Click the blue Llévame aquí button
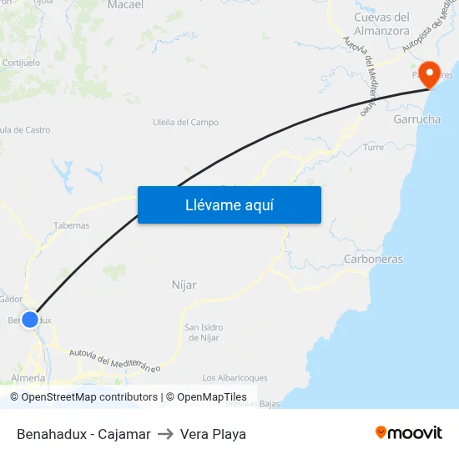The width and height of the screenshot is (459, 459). coord(229,204)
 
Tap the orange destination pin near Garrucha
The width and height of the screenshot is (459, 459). coord(431,74)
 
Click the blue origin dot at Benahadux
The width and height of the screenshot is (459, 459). coord(30,319)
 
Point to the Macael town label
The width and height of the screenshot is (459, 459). coord(126,5)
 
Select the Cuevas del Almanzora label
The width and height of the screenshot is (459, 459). coord(381,23)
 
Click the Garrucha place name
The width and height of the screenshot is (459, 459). coord(416,119)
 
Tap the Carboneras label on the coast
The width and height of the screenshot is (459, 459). coord(373,259)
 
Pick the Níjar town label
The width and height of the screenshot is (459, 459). coord(184,285)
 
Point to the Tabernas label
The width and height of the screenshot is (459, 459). coord(71,225)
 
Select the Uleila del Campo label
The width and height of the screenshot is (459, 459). coord(185,122)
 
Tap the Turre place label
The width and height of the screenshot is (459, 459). coord(373,147)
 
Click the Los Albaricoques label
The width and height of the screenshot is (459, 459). coord(235,377)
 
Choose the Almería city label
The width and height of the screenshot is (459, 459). coord(28,378)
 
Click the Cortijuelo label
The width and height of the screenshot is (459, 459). coord(22,63)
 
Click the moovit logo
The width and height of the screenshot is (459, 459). coord(409,433)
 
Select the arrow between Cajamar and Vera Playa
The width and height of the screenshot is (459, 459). coord(165,434)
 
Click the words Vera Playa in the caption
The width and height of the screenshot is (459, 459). coord(213,434)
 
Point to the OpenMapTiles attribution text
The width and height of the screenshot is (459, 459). coord(212,397)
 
